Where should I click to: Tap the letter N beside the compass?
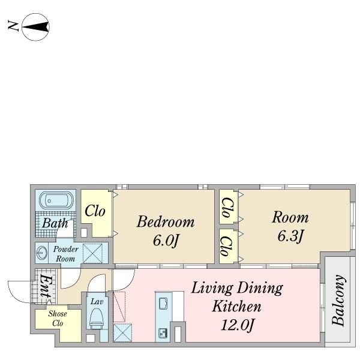pyautogui.click(x=13, y=25)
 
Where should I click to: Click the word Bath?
pyautogui.click(x=55, y=223)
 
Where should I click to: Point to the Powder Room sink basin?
pyautogui.click(x=42, y=253)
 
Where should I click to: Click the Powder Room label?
pyautogui.click(x=66, y=254)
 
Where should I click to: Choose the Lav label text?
pyautogui.click(x=97, y=301)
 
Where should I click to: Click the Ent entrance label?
pyautogui.click(x=45, y=286)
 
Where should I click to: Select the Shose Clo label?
pyautogui.click(x=58, y=319)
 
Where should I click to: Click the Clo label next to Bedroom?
pyautogui.click(x=95, y=211)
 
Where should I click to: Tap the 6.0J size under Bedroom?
pyautogui.click(x=166, y=241)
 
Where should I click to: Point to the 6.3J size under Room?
pyautogui.click(x=290, y=236)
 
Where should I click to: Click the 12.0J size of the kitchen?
pyautogui.click(x=238, y=325)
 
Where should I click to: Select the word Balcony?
pyautogui.click(x=338, y=301)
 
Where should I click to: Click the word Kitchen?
pyautogui.click(x=237, y=306)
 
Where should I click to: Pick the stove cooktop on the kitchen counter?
pyautogui.click(x=163, y=332)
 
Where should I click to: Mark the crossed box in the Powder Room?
pyautogui.click(x=92, y=253)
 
